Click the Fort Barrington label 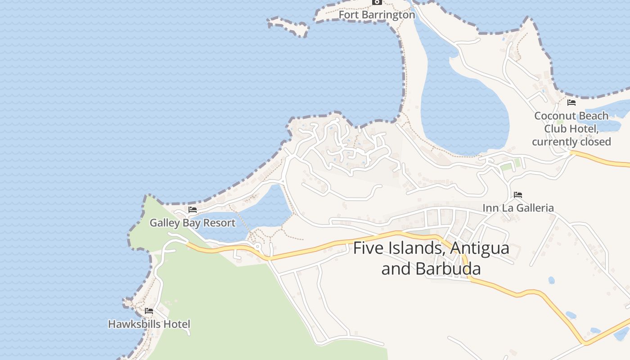(377, 15)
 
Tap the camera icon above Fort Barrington (377, 2)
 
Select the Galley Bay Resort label (192, 223)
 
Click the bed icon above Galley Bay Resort (193, 210)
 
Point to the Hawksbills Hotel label (149, 324)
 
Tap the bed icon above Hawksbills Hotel (149, 311)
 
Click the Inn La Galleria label (518, 208)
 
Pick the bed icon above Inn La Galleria (518, 195)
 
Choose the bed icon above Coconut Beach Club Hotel (571, 103)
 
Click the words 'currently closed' (571, 142)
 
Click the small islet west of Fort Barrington (288, 26)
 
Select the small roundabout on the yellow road (258, 247)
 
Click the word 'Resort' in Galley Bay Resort (219, 223)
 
